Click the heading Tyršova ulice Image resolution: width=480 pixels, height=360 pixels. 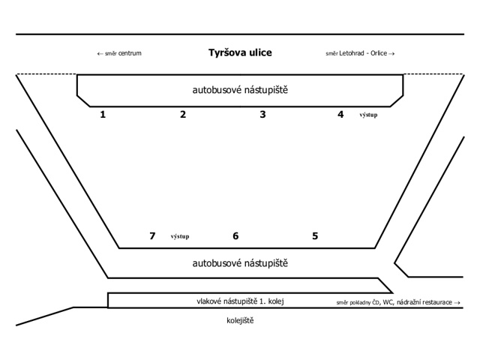(240, 52)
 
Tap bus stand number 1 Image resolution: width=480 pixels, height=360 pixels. (103, 115)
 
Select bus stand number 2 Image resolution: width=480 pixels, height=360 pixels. (183, 115)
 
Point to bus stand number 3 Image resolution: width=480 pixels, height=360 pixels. (262, 115)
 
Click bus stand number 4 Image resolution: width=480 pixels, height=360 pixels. (340, 115)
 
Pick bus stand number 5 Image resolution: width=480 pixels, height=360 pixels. (315, 236)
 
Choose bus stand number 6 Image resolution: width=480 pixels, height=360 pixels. (235, 236)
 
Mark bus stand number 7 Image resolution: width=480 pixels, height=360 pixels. (152, 236)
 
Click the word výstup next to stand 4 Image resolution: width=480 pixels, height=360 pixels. (368, 115)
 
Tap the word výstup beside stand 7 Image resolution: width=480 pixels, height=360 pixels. (180, 236)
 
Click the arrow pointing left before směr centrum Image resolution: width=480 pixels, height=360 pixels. (100, 54)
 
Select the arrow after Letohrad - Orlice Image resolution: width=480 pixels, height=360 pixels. (391, 54)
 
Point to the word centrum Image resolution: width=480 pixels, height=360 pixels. (130, 53)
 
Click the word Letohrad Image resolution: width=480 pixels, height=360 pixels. (352, 53)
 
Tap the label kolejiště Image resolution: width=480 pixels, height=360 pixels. (240, 320)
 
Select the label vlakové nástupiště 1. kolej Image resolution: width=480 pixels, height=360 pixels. (240, 301)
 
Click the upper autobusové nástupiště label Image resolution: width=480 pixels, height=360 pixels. (240, 90)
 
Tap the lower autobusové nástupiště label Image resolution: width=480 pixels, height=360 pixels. (240, 263)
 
